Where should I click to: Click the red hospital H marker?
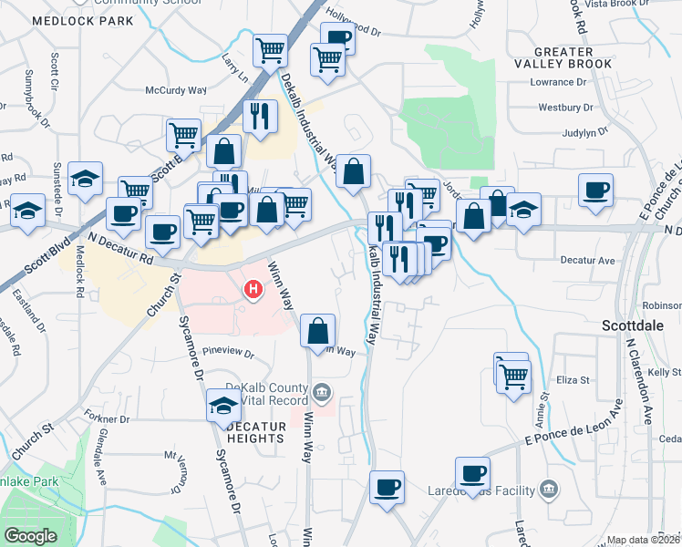click(254, 291)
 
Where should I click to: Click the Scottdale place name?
click(632, 325)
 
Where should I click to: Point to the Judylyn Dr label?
click(584, 132)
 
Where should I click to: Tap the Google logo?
click(31, 536)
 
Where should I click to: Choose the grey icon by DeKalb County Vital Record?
click(321, 393)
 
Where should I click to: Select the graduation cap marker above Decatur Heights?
click(223, 405)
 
